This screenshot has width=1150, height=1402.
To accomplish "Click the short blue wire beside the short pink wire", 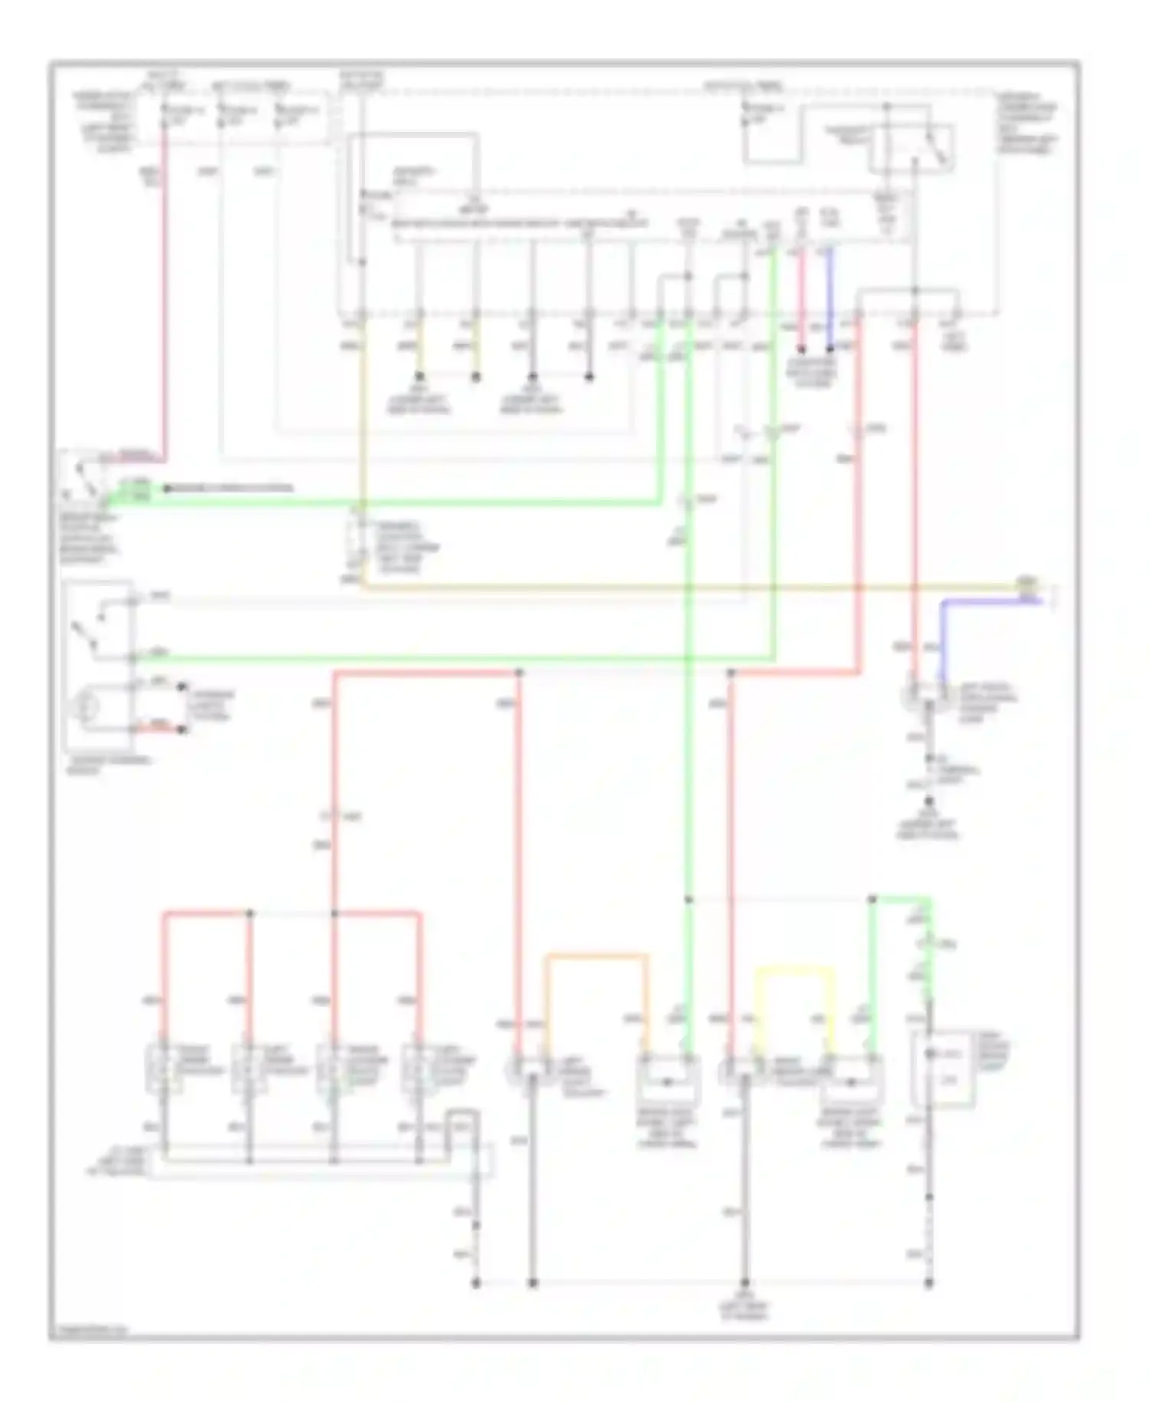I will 829,299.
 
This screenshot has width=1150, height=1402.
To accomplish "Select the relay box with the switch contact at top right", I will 912,147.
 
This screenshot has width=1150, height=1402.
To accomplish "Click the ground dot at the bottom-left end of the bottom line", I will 476,1282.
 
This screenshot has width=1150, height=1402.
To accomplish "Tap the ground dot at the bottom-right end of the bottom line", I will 929,1282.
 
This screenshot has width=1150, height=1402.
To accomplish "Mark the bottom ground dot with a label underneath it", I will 744,1282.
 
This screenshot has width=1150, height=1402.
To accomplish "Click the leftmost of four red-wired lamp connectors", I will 163,1066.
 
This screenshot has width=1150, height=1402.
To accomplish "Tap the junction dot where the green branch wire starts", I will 872,899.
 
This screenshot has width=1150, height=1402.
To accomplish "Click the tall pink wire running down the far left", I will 163,307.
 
